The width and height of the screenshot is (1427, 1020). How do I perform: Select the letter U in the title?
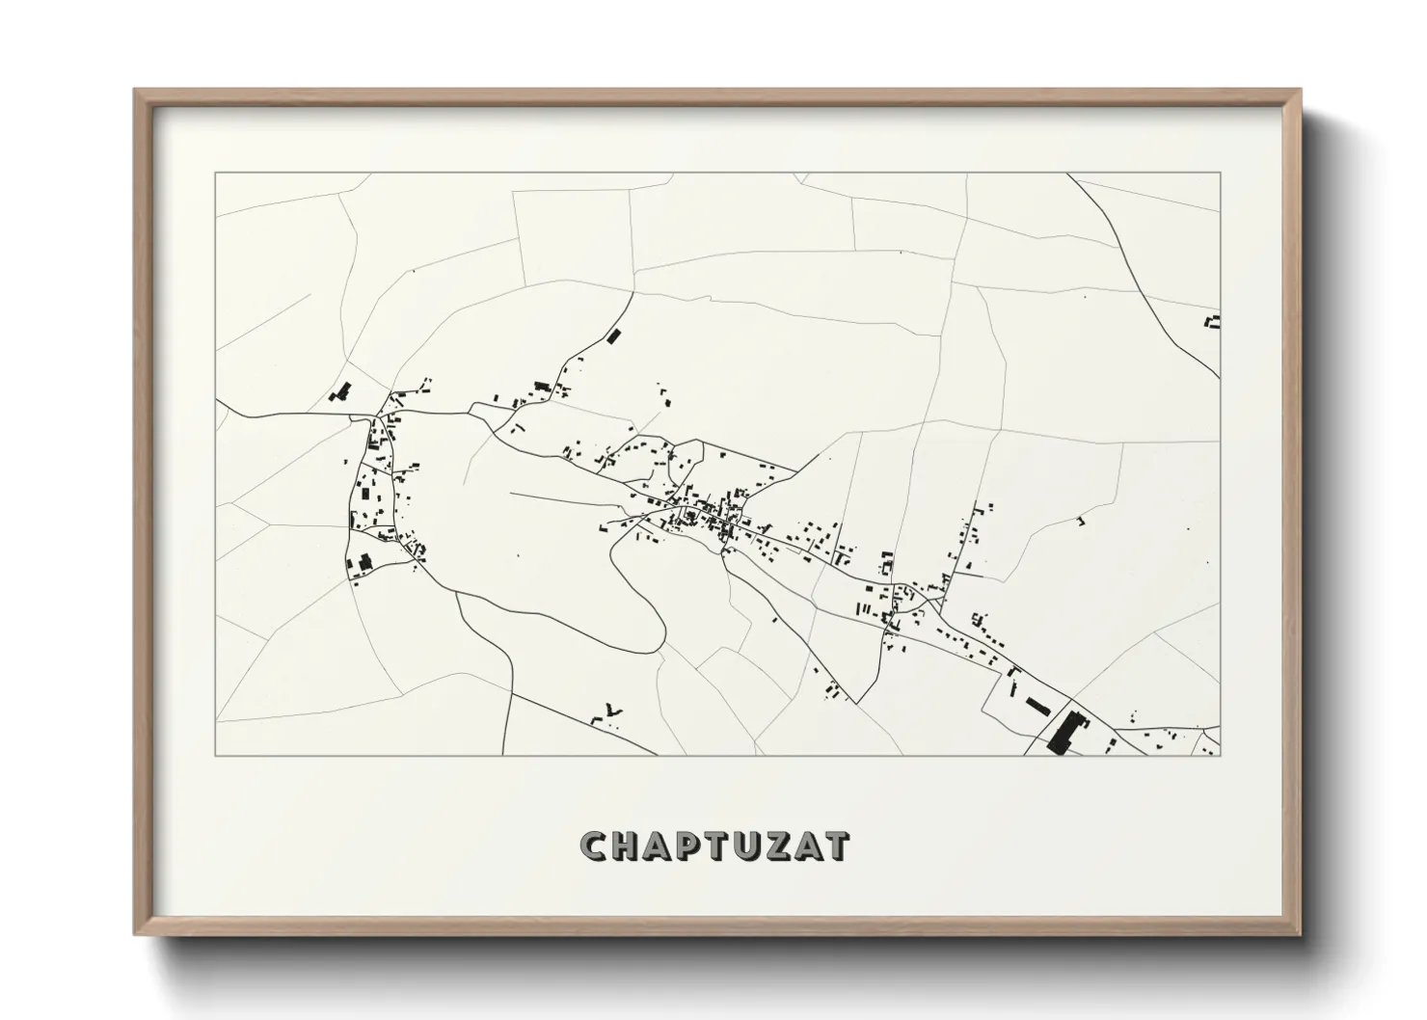point(736,846)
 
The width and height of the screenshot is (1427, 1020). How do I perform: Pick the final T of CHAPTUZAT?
point(836,846)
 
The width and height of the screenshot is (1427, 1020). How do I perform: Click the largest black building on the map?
point(1064,732)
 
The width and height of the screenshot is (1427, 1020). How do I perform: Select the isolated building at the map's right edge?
point(1214,322)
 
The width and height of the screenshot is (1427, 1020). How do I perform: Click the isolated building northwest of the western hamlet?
point(340,391)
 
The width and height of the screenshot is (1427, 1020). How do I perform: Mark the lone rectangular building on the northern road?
point(611,336)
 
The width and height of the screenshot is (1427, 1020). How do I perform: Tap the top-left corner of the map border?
point(215,174)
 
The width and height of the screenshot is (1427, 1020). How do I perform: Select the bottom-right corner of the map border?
point(1220,755)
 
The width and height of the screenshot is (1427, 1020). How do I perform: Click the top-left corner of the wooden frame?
point(136,91)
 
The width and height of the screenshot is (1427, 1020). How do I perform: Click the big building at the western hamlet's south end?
point(364,561)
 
